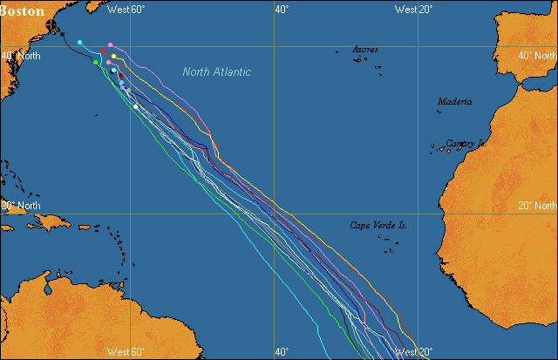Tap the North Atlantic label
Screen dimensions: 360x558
click(217, 71)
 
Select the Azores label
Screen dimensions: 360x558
click(365, 50)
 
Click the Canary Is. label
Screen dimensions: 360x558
click(466, 143)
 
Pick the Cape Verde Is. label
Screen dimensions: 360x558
click(378, 225)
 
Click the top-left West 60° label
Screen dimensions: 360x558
click(125, 10)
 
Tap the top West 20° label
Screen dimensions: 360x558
click(414, 10)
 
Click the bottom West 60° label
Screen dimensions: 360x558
click(125, 351)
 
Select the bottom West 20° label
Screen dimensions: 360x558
click(414, 351)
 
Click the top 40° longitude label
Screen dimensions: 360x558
click(281, 10)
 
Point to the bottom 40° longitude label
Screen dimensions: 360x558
click(281, 351)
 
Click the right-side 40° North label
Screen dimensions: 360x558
click(537, 56)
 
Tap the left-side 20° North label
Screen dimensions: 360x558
click(20, 206)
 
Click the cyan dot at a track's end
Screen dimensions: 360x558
click(80, 42)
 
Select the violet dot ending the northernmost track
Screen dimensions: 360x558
click(110, 44)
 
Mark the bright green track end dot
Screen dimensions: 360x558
click(96, 62)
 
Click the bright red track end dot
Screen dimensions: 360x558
click(103, 51)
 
